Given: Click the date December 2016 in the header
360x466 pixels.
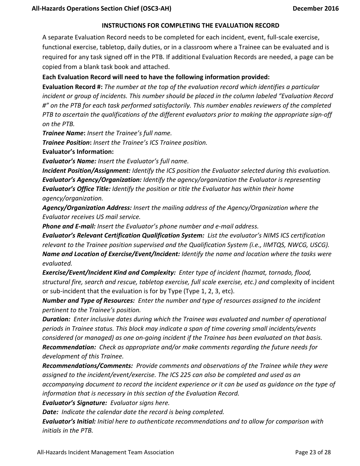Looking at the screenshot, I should [x=315, y=8].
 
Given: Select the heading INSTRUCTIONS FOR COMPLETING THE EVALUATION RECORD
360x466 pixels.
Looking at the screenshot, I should [x=191, y=26].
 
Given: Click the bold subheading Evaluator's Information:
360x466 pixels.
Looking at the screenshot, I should [x=78, y=152].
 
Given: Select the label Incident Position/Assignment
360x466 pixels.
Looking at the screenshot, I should [x=86, y=170].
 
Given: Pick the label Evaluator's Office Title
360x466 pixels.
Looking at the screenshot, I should [x=77, y=189].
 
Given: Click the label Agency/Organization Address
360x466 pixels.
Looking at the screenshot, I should [x=87, y=208].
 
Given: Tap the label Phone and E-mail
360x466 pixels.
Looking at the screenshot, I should [x=69, y=226].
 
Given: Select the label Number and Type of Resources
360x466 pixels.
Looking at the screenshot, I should [x=88, y=300].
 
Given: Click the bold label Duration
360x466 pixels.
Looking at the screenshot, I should [x=56, y=319].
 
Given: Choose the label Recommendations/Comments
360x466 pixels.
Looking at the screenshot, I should [x=88, y=366].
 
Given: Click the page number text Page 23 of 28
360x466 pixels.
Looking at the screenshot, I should [x=313, y=452].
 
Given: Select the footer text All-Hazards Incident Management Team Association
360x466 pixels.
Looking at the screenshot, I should [x=105, y=452].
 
